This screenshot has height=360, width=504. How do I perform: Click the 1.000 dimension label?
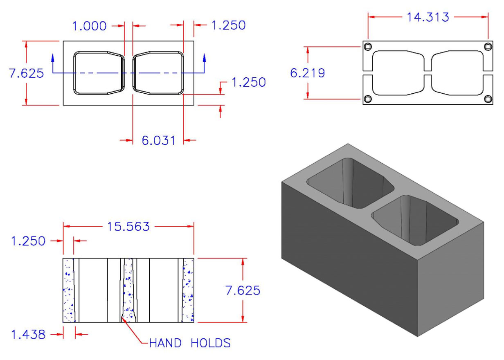[x=89, y=26]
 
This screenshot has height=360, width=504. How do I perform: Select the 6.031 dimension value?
[x=158, y=140]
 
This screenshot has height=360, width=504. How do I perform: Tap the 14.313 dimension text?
[x=427, y=17]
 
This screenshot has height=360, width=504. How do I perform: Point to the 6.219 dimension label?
[x=307, y=73]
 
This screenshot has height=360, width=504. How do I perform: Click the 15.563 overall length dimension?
[x=128, y=226]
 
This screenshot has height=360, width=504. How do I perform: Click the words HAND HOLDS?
[x=189, y=342]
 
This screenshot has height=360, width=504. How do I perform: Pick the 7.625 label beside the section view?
[x=243, y=290]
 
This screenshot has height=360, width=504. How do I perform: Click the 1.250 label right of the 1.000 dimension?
[x=228, y=25]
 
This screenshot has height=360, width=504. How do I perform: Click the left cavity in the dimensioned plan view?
[x=98, y=73]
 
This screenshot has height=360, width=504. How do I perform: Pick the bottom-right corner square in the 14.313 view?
[x=487, y=99]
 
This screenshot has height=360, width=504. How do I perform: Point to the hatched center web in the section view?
[x=128, y=290]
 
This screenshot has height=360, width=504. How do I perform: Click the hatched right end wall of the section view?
[x=188, y=290]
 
